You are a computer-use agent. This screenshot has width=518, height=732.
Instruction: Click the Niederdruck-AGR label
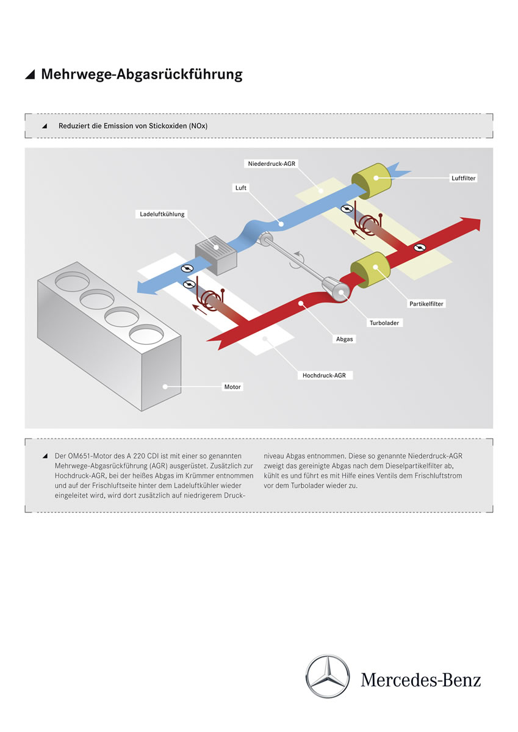[x=272, y=163]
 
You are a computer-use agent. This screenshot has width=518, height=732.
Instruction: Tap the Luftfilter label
[x=464, y=178]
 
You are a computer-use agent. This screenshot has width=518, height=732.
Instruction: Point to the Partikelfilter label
[x=426, y=303]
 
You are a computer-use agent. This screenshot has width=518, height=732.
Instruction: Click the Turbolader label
[x=384, y=323]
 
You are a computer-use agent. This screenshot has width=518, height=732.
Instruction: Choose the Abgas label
[x=345, y=339]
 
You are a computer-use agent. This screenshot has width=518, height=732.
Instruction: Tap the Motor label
[x=232, y=387]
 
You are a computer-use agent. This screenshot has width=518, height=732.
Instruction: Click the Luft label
[x=240, y=187]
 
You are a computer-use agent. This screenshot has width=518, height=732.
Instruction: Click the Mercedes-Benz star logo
[x=328, y=676]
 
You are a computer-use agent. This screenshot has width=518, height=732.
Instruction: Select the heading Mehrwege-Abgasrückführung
[x=142, y=74]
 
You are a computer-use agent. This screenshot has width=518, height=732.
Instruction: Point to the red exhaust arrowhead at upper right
[x=469, y=226]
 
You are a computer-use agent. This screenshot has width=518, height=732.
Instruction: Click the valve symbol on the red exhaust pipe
[x=419, y=248]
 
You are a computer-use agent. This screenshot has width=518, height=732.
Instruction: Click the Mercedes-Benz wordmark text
[x=420, y=680]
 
